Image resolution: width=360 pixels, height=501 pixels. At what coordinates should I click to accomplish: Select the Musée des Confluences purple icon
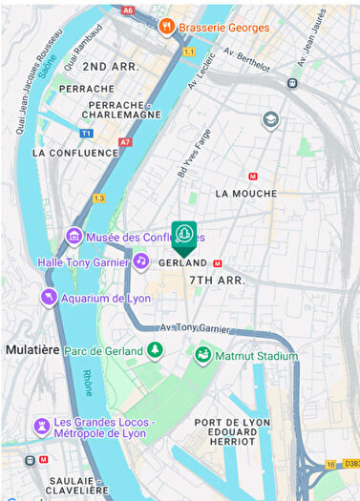(74, 236)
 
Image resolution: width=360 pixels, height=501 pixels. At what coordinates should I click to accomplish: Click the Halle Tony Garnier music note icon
(140, 261)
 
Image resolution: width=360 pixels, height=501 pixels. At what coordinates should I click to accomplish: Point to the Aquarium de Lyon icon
(48, 298)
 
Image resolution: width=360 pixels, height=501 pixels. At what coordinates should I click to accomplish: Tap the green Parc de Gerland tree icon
(155, 350)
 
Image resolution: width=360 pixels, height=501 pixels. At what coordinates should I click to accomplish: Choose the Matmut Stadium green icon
(202, 355)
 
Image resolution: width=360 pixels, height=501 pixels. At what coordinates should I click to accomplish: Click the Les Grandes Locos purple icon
(41, 426)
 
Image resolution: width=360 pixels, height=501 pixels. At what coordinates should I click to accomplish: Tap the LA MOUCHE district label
(245, 194)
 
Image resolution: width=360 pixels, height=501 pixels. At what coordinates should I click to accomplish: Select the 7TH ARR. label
(217, 281)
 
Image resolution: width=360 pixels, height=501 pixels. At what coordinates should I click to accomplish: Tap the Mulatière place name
(32, 350)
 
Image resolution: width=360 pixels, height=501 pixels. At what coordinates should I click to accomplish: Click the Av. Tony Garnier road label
(195, 328)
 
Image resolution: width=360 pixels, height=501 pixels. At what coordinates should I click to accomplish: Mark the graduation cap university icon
(270, 120)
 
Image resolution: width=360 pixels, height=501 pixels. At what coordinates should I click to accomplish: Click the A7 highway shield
(125, 142)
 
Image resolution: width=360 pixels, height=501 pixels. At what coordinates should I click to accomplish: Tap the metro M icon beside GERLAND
(219, 263)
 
